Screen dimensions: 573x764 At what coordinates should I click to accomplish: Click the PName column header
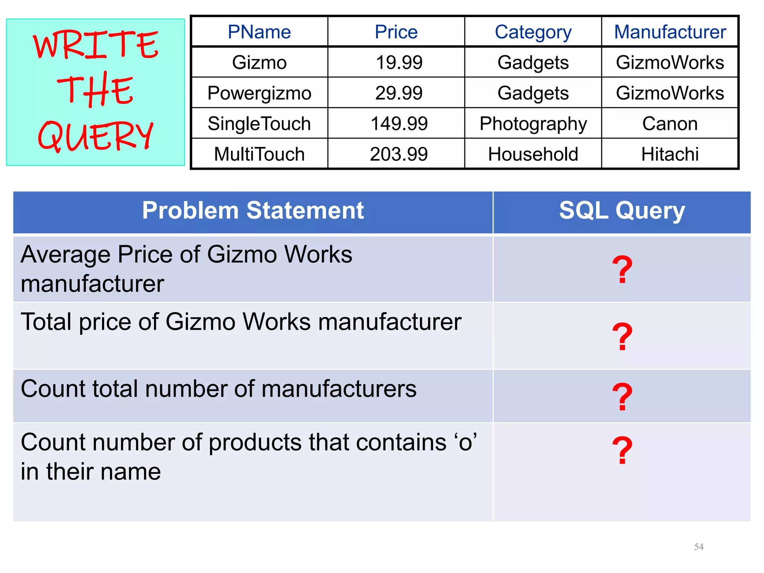259,32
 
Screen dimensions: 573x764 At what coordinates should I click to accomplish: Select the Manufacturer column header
670,32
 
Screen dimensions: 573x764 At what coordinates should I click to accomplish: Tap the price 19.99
399,62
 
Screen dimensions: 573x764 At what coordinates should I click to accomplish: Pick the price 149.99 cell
399,123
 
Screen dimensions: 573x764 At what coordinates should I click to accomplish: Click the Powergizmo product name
259,93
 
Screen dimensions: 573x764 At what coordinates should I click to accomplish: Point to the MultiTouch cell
259,154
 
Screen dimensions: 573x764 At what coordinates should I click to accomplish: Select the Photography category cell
533,123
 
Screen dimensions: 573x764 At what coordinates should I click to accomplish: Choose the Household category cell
533,154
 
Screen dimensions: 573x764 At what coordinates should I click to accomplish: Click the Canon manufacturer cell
670,123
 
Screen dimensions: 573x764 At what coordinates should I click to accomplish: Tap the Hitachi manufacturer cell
670,154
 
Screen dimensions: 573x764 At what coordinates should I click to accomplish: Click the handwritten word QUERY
95,136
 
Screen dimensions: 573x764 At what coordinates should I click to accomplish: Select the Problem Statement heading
253,211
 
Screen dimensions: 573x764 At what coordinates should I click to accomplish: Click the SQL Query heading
622,211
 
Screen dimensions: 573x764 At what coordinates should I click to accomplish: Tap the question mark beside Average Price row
622,270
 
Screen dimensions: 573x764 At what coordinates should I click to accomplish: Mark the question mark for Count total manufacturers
622,397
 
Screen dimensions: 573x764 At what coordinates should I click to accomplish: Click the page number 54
699,547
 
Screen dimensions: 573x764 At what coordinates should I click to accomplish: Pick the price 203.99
399,154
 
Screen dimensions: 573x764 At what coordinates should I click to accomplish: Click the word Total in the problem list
46,322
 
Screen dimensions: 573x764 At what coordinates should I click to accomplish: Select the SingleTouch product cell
259,123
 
